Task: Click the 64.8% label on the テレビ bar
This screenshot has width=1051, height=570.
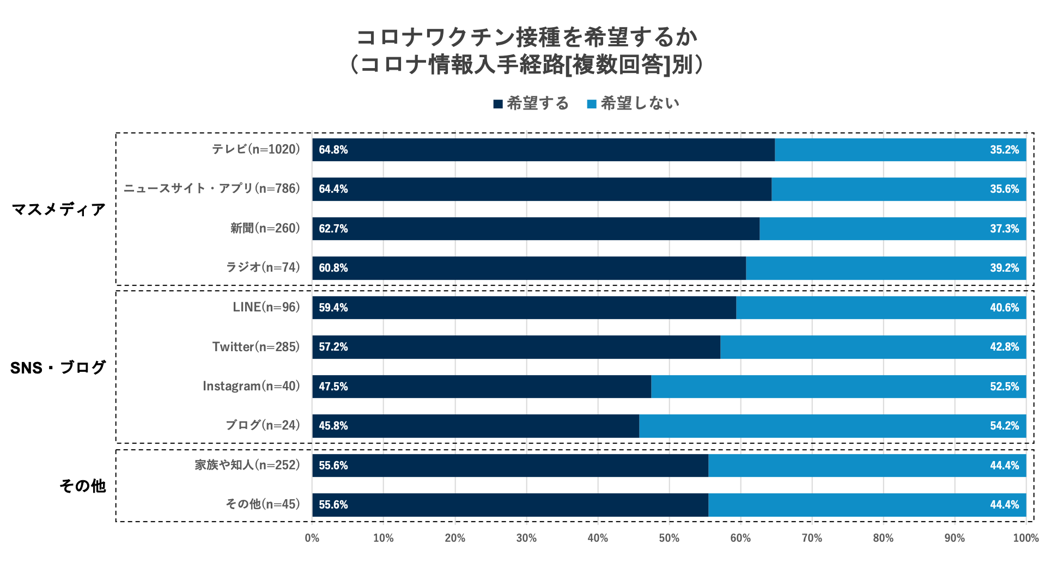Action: (333, 150)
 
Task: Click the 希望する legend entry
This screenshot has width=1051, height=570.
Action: (531, 103)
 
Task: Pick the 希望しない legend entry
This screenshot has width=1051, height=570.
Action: (633, 103)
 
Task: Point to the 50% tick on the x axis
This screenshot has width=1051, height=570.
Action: (669, 538)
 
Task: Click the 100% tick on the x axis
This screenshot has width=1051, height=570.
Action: (1025, 538)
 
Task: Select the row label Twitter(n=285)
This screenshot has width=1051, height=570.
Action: (256, 347)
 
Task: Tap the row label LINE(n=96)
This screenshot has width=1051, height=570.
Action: (266, 307)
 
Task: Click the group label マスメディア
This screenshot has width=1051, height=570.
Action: (59, 209)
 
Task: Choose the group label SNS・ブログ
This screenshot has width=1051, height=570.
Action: (58, 367)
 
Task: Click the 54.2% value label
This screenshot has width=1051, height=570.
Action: (1004, 426)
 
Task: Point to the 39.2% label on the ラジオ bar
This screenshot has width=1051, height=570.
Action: (1004, 268)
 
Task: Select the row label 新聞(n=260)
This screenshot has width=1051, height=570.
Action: (265, 228)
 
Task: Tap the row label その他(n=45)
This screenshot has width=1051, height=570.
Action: (263, 504)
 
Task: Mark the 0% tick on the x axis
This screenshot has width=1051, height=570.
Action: (312, 538)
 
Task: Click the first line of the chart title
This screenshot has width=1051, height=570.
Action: (526, 37)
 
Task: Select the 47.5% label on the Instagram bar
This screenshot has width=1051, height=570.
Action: (333, 387)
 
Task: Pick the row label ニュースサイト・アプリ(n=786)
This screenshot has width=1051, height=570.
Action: (211, 188)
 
